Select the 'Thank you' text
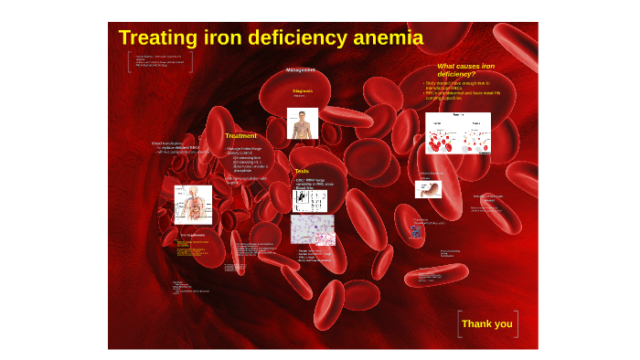pos(487,323)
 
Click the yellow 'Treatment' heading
pos(240,136)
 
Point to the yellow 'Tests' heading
pos(302,171)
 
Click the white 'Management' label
pos(301,70)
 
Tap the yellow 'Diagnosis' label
pos(303,91)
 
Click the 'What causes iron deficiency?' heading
pos(465,69)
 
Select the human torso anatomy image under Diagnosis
pos(303,123)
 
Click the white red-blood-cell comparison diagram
pos(457,133)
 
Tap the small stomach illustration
pos(428,189)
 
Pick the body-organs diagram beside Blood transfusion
pos(193,205)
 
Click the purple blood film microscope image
pos(313,229)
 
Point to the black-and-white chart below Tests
pos(310,200)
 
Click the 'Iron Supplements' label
pos(193,235)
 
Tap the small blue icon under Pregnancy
pos(416,231)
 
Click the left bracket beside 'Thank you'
pos(459,323)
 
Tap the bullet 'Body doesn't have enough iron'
pos(463,83)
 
